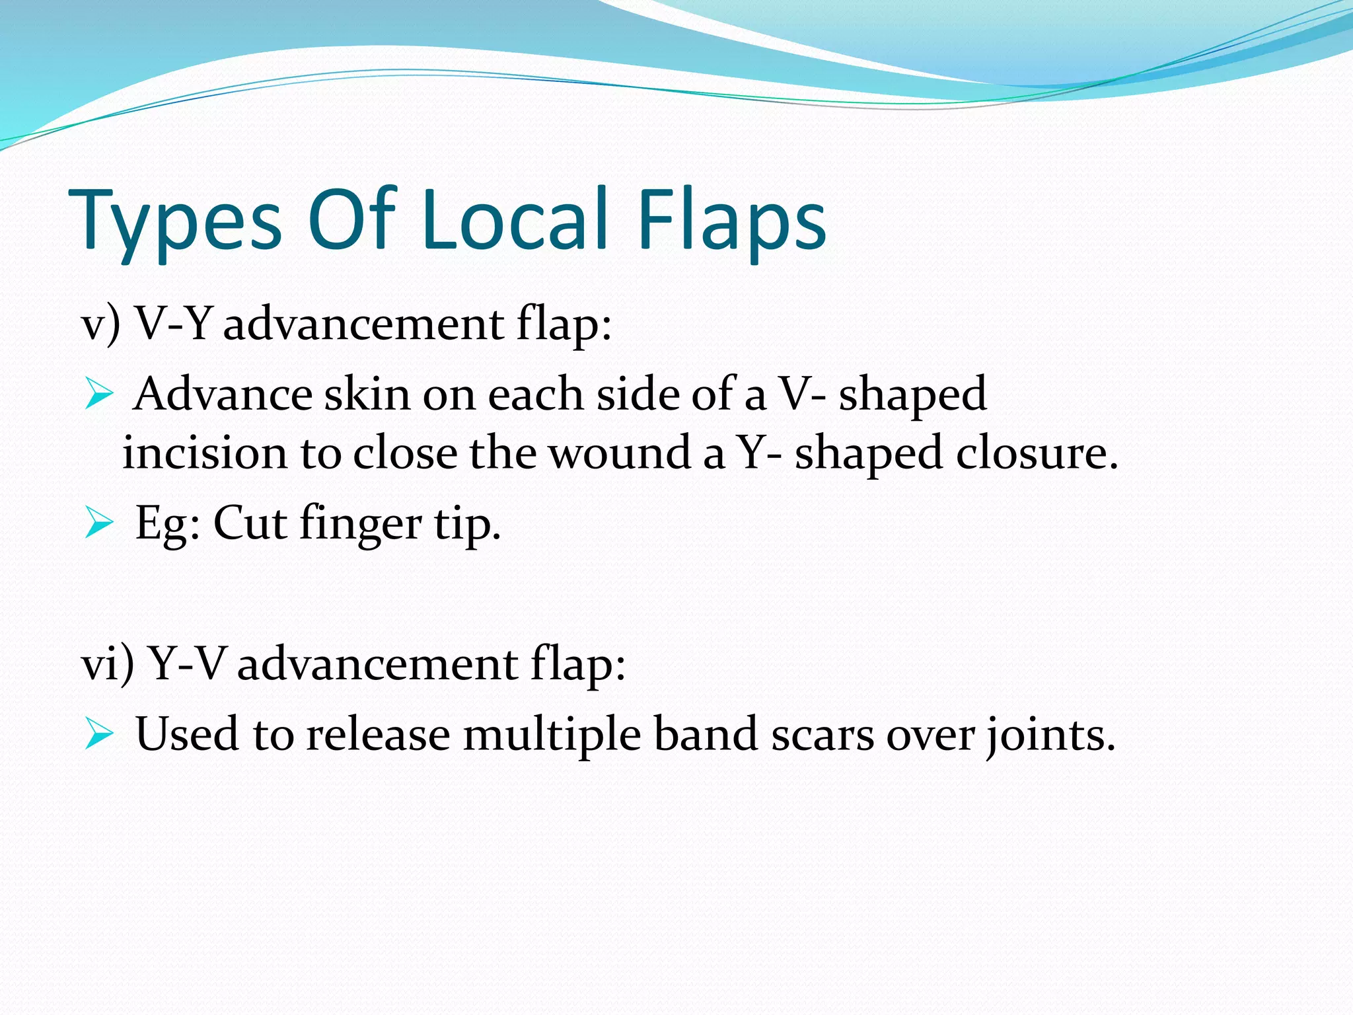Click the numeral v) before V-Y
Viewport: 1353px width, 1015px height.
click(100, 325)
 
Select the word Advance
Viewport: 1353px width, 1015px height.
click(223, 395)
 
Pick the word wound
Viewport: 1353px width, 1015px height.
click(620, 453)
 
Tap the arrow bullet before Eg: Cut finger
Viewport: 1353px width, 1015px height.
click(100, 525)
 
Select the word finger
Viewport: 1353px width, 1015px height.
click(360, 525)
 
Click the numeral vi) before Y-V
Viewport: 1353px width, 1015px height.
click(107, 664)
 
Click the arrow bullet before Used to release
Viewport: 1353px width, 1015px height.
click(100, 735)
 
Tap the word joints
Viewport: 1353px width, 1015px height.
click(1050, 735)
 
